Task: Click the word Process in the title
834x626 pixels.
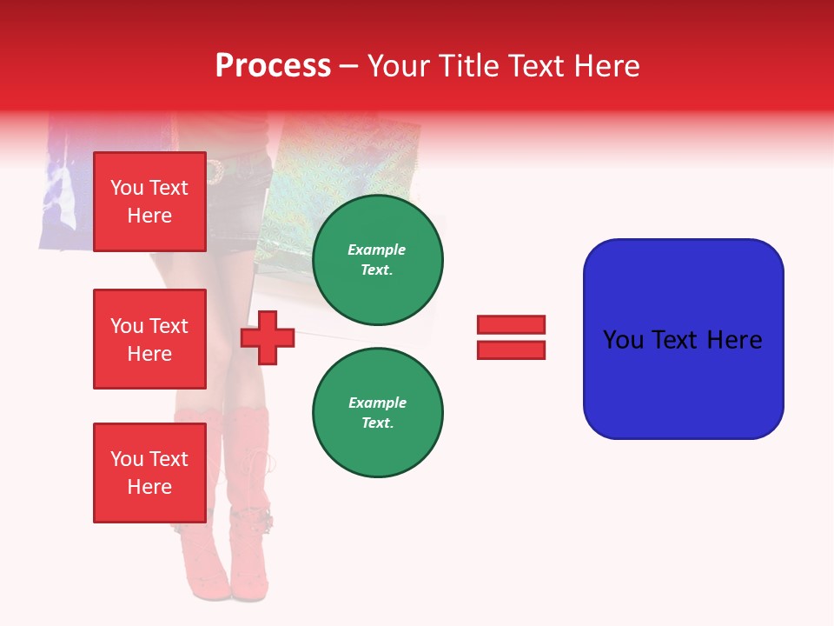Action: tap(273, 66)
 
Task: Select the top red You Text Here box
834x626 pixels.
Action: tap(149, 202)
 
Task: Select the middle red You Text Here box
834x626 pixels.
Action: tap(149, 339)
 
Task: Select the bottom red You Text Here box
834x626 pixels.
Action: tap(149, 473)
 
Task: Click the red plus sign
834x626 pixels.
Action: tap(268, 337)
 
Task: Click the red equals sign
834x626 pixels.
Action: tap(511, 337)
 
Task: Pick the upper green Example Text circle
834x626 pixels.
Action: tap(377, 259)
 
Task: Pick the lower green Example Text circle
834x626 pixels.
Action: tap(377, 412)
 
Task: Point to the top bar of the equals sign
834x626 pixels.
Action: tap(511, 325)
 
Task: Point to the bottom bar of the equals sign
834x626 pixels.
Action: tap(511, 350)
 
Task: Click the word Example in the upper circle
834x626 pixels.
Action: tap(377, 250)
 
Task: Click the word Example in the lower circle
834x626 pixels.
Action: tap(377, 403)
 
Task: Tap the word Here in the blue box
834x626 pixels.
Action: tap(734, 340)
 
